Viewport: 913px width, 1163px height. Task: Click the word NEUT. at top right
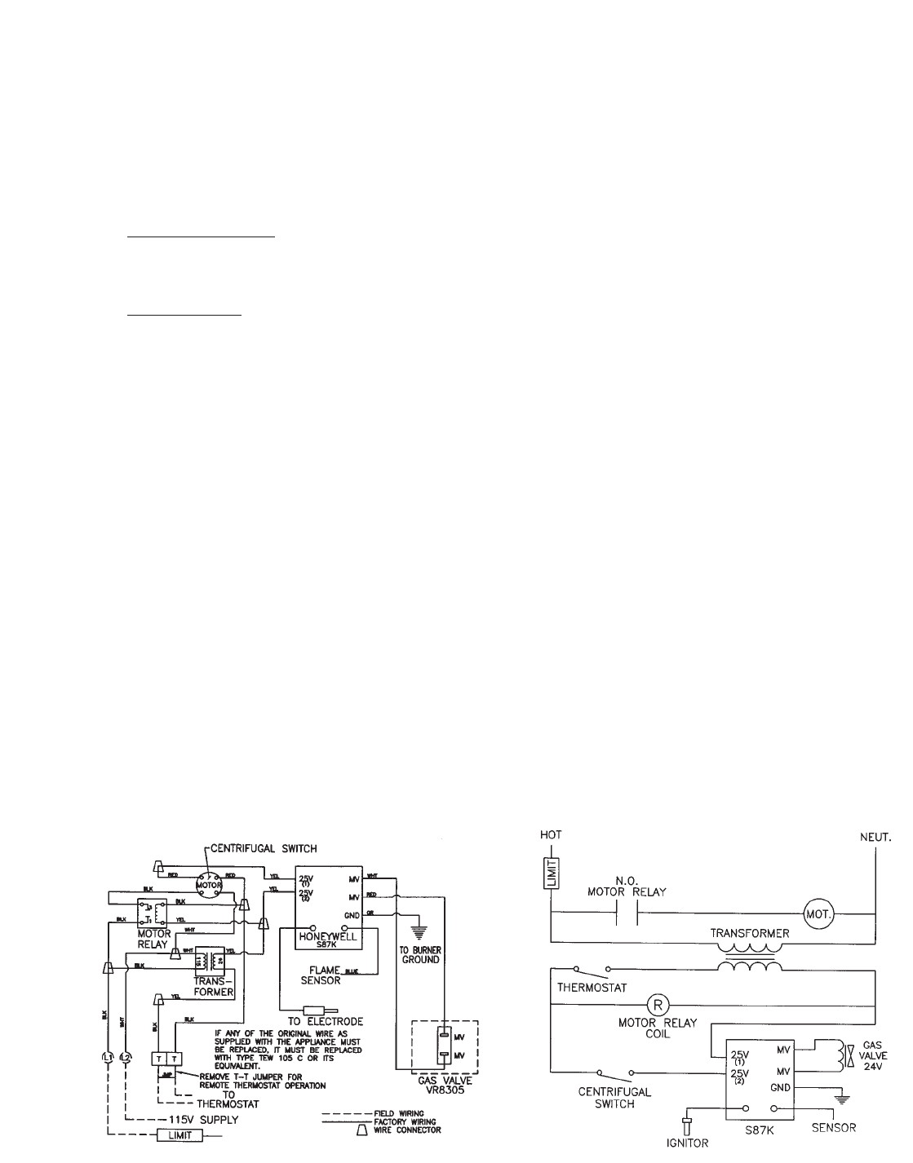875,838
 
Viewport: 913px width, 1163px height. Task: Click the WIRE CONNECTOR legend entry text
408,1131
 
